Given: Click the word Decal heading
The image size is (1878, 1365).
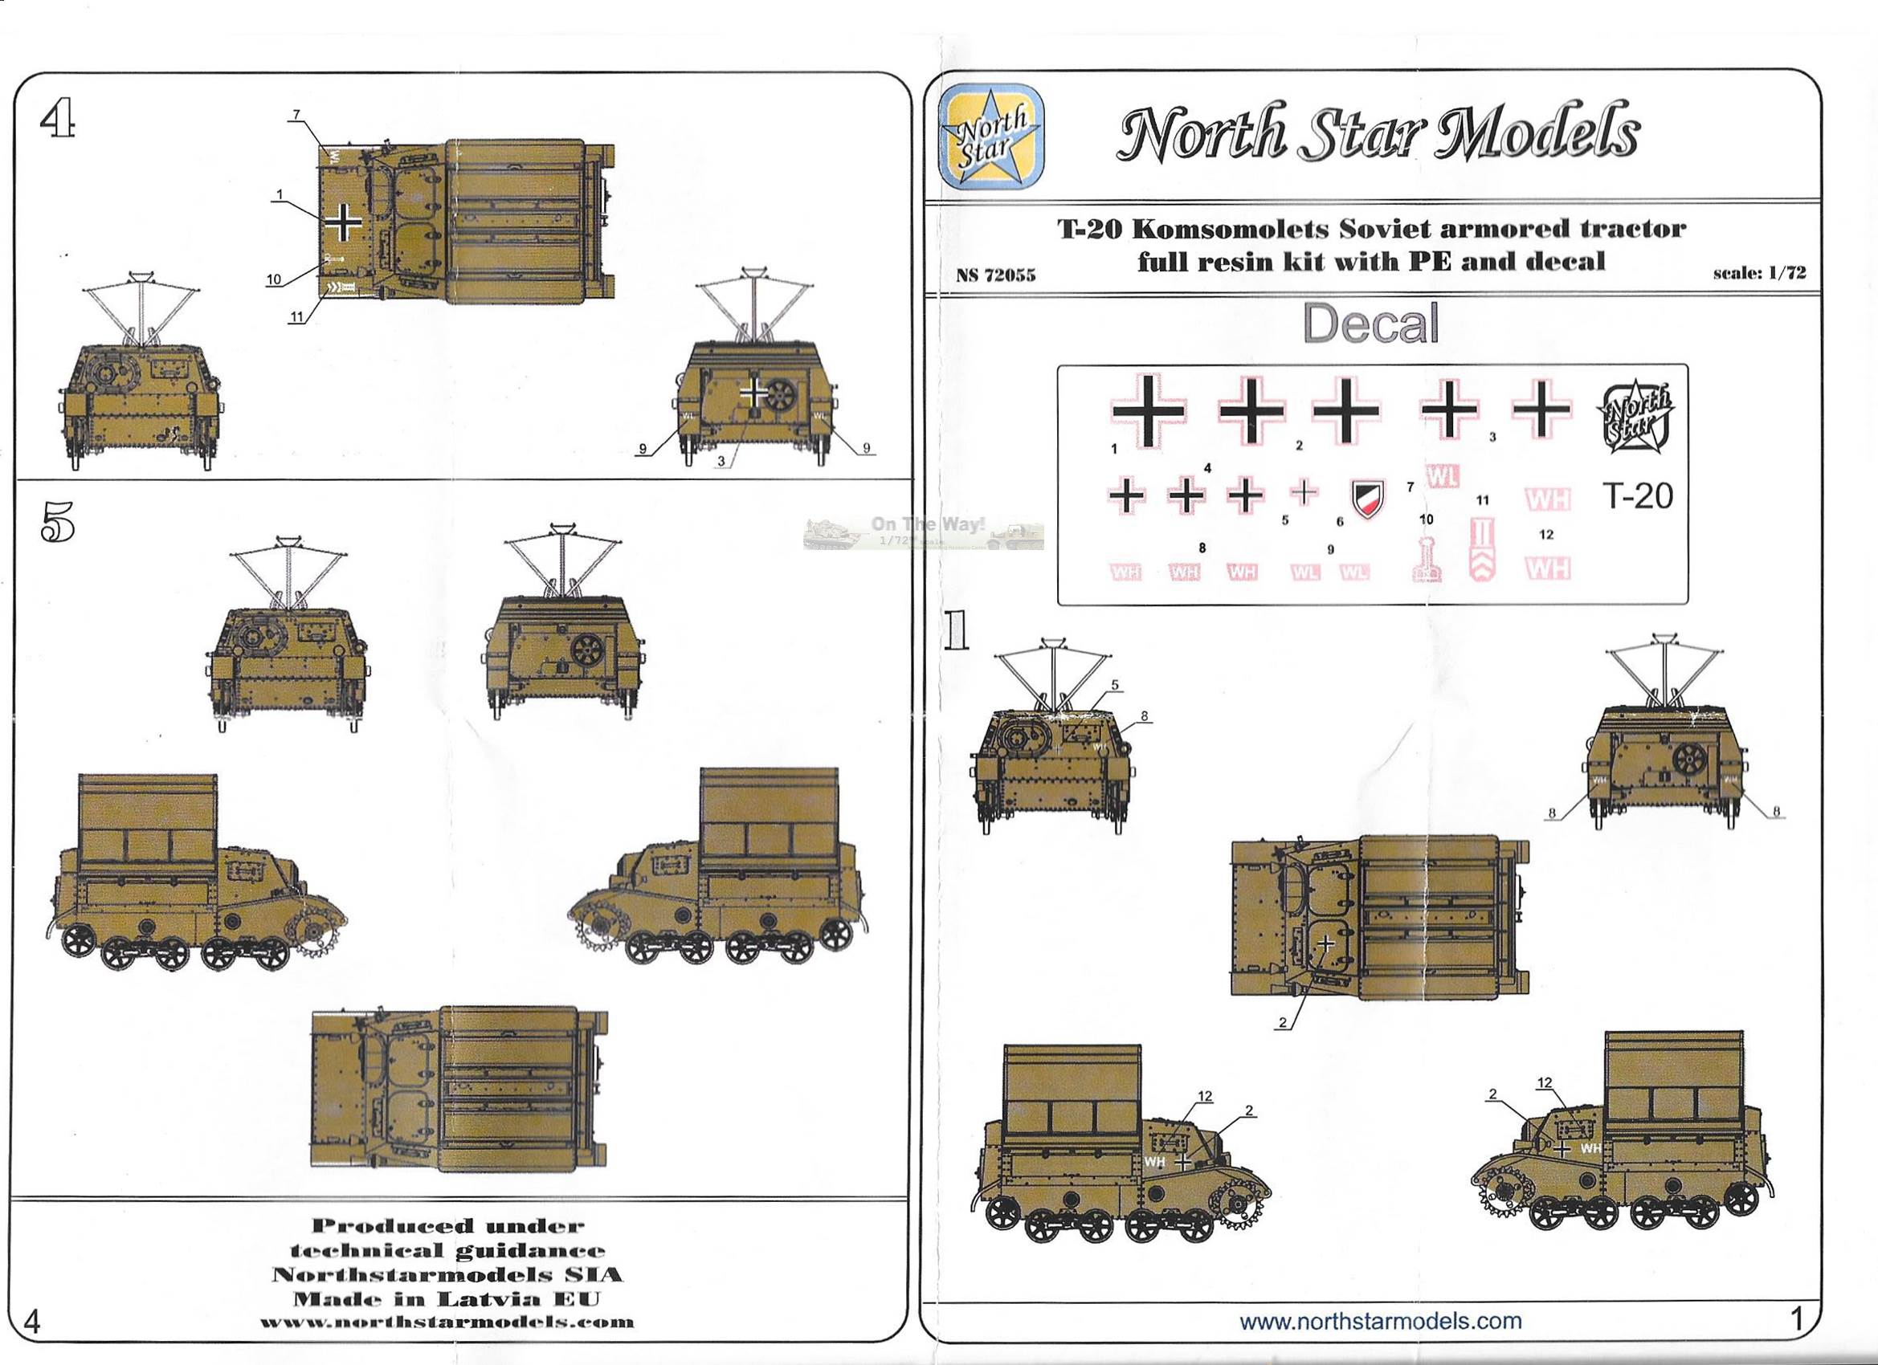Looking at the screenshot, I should (1370, 324).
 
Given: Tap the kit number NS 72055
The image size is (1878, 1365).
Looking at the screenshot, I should (995, 275).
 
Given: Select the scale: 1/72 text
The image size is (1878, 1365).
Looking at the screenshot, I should (1760, 273).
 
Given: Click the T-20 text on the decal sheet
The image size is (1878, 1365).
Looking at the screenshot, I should (1638, 496).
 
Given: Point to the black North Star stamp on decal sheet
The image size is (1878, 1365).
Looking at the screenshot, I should (1635, 417).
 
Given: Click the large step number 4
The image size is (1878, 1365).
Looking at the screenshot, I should (59, 121).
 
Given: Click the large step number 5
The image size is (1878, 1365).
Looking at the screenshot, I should (57, 521).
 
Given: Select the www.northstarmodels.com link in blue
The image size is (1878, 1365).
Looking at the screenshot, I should (1380, 1320).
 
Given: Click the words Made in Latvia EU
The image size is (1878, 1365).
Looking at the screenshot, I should (448, 1297).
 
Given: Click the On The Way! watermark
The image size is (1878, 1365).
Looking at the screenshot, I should (927, 524).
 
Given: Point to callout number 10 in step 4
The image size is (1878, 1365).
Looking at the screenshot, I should (274, 279).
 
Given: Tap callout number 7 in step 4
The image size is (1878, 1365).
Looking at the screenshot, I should (296, 113).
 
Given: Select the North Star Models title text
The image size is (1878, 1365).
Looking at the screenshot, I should (1376, 132).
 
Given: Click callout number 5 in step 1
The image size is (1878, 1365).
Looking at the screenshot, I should (1115, 685).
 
